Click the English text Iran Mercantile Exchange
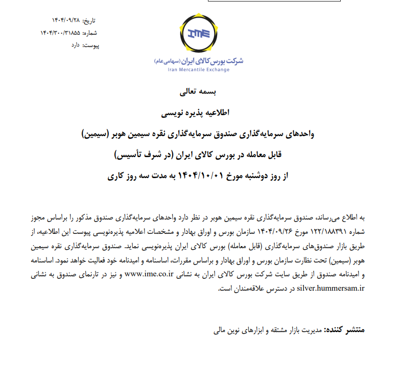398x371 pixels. pos(199,69)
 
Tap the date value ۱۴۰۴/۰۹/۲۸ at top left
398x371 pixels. pos(66,21)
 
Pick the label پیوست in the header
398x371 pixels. pos(90,46)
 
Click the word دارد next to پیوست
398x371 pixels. pos(75,46)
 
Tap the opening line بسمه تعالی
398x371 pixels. pos(199,93)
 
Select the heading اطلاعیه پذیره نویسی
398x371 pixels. pos(199,112)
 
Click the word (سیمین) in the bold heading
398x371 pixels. pos(99,134)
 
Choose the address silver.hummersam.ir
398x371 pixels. pos(330,288)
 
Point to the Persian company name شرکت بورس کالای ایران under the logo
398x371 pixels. pos(214,60)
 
